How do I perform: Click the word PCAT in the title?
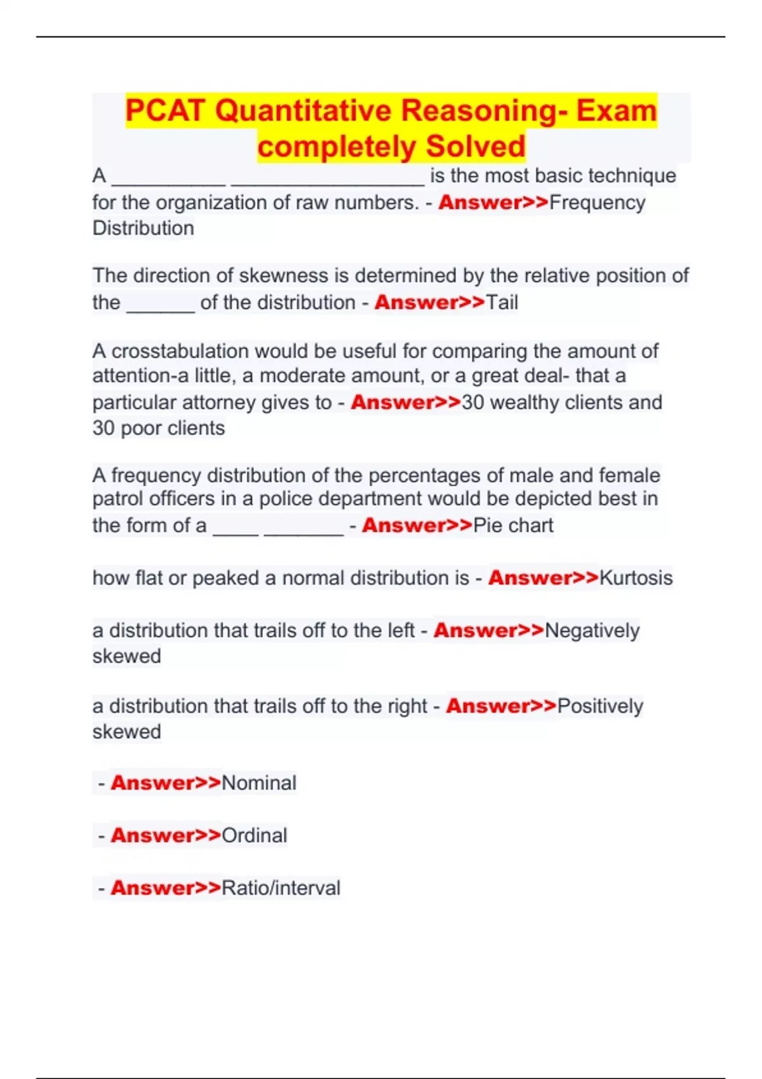tap(165, 110)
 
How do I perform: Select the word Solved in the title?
tap(476, 147)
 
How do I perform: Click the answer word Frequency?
tap(597, 202)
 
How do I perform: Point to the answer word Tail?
tap(502, 303)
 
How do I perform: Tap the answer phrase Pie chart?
tap(514, 526)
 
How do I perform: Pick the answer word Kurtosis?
tap(636, 578)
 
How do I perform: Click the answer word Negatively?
tap(592, 631)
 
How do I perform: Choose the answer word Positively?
tap(600, 706)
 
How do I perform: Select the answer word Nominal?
tap(259, 783)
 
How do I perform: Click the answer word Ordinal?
tap(255, 836)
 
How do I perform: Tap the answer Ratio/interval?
tap(281, 888)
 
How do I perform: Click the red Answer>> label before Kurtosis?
tap(544, 578)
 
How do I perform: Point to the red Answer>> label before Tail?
tap(430, 303)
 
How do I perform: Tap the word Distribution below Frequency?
tap(144, 228)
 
